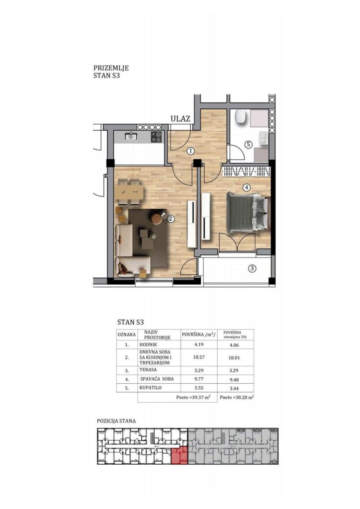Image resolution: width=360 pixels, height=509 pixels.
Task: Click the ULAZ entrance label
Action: [180, 119]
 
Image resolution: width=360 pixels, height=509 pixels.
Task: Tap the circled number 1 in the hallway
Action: [191, 151]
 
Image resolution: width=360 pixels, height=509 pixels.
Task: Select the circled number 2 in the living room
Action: [171, 219]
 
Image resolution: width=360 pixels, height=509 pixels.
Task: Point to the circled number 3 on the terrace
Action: [252, 268]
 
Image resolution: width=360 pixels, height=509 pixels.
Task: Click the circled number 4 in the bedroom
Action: [247, 187]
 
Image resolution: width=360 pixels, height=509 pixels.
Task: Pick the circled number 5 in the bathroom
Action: [248, 144]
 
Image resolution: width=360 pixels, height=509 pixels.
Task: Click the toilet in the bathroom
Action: [241, 117]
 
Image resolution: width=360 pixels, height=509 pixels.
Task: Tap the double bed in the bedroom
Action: [247, 212]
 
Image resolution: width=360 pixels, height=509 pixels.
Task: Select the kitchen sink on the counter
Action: [131, 137]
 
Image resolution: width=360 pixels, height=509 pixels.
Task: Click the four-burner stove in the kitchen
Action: [156, 138]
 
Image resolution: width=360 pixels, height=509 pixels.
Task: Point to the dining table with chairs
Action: [129, 192]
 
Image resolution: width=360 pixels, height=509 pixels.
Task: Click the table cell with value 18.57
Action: [199, 357]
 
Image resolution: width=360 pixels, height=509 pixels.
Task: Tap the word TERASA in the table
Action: [148, 370]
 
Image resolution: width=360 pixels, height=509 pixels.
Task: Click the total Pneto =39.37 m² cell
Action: [193, 397]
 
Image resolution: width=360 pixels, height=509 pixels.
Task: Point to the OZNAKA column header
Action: [127, 335]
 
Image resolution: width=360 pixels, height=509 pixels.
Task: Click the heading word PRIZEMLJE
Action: [111, 68]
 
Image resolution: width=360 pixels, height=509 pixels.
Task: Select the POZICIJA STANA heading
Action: [116, 421]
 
